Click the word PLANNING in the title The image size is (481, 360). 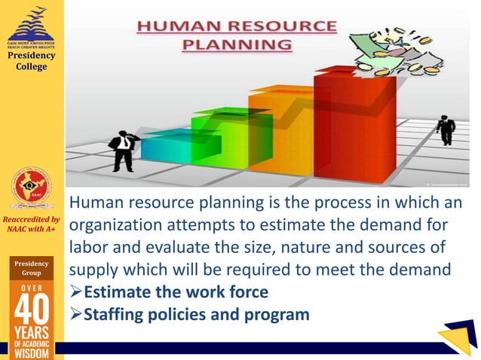click(237, 44)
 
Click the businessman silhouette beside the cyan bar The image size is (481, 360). click(122, 150)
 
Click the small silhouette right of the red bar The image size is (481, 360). click(446, 130)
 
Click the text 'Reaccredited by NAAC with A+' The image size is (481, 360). click(32, 224)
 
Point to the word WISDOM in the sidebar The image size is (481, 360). click(32, 352)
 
